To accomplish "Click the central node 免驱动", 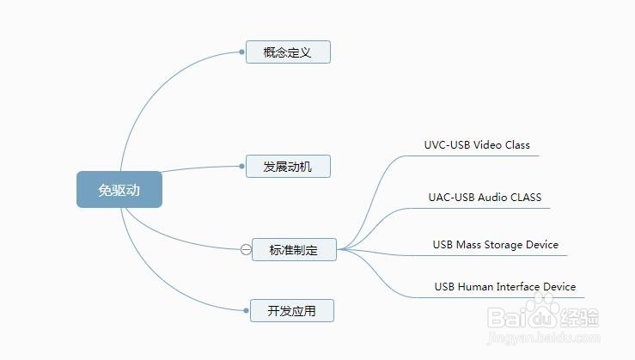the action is click(119, 190).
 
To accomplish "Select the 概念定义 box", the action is click(288, 52).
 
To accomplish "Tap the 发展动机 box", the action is click(289, 166).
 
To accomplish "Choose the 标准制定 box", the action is click(294, 250).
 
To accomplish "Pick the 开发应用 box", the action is click(291, 310).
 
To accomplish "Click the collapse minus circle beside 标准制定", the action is click(246, 250).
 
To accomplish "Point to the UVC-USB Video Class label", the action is click(477, 144).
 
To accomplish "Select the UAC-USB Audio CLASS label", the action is click(485, 197).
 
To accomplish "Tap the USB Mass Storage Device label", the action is click(495, 244).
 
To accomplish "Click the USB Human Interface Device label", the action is click(504, 286).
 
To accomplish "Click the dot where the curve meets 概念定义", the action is click(242, 52).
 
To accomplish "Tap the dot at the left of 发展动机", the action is click(242, 166).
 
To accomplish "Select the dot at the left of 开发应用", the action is click(247, 310).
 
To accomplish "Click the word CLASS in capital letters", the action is click(525, 197).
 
